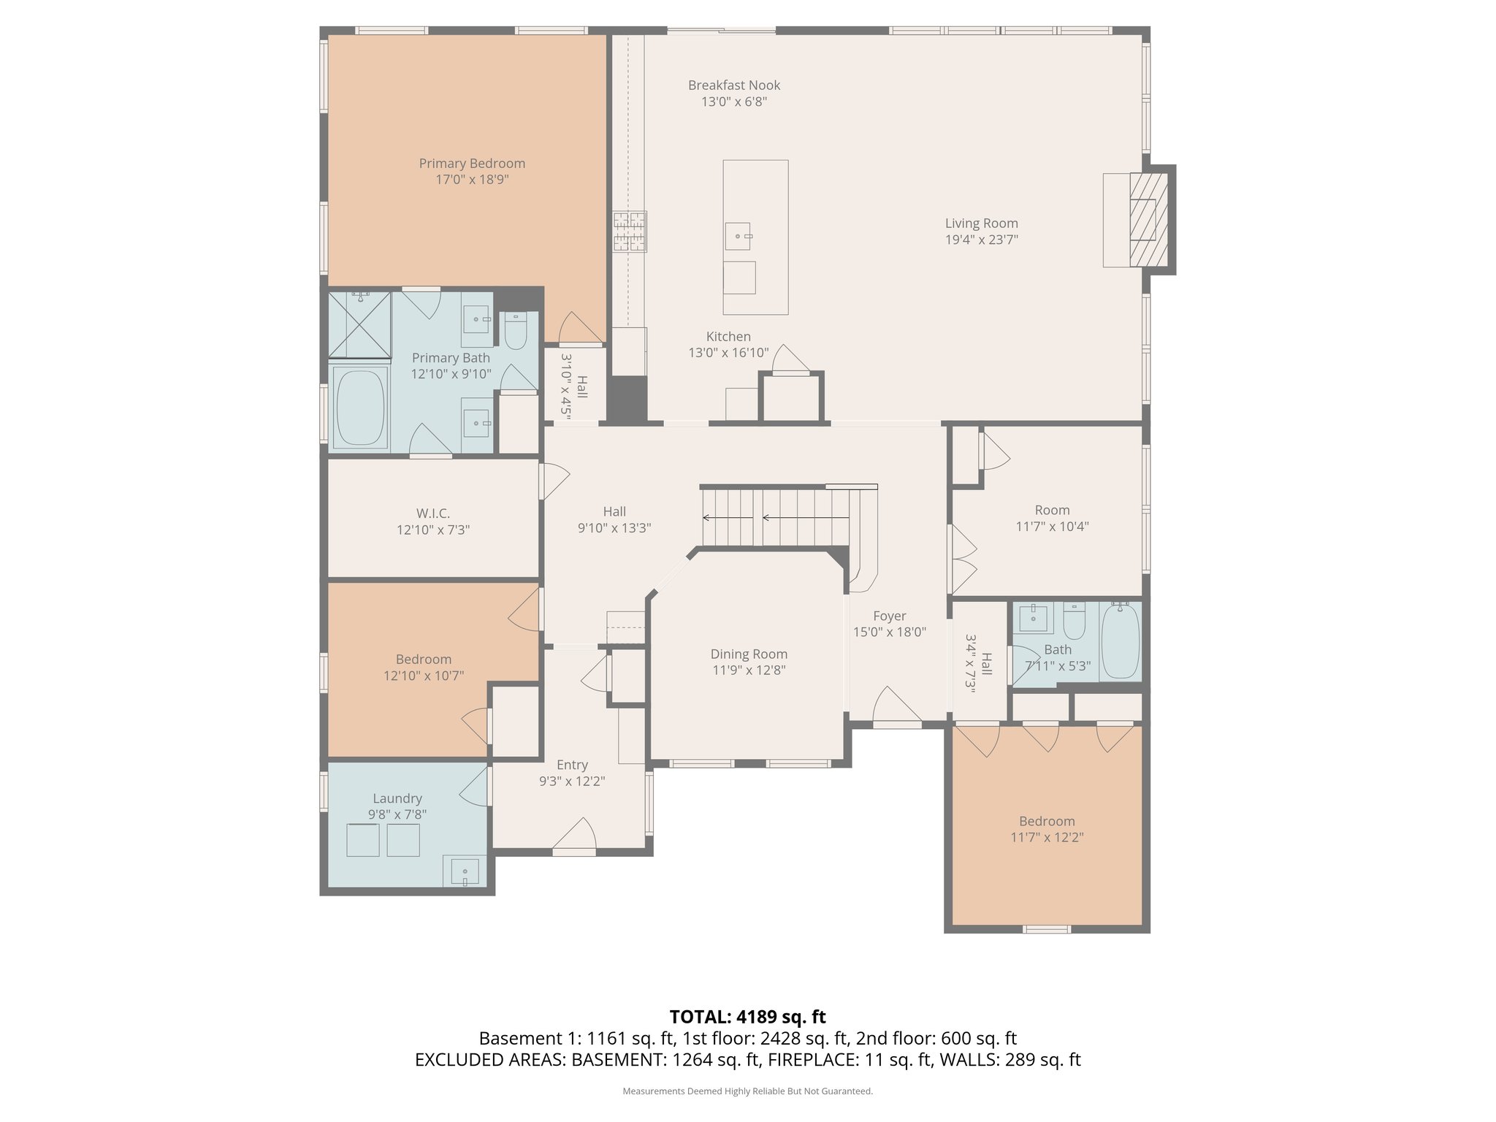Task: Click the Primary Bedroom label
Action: (472, 164)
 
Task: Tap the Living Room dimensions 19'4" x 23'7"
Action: (981, 240)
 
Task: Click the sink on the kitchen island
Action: (738, 236)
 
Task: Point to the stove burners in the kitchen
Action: (630, 231)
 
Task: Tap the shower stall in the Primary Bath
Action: (359, 324)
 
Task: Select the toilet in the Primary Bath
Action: (516, 332)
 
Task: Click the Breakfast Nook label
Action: (734, 85)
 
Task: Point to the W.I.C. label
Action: (433, 514)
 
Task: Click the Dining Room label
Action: (749, 654)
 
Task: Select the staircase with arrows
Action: (774, 518)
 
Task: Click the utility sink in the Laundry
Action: (465, 872)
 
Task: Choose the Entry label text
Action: (572, 765)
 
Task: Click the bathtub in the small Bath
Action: (1120, 642)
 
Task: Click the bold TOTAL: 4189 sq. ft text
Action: (747, 1017)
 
